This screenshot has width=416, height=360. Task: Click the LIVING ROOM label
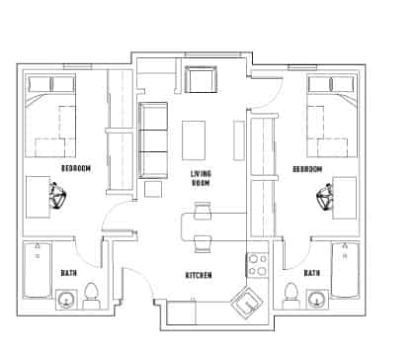[202, 178]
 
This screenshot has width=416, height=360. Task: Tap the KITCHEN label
[201, 274]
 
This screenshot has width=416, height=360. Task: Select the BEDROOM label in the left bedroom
[75, 169]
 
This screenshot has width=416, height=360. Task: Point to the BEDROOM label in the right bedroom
[307, 169]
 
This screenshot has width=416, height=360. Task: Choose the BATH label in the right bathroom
[311, 273]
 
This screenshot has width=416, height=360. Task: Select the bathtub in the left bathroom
[39, 269]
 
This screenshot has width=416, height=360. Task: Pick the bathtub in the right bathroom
[346, 269]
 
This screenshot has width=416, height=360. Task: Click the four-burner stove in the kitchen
[257, 264]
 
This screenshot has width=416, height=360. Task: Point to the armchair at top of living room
[202, 79]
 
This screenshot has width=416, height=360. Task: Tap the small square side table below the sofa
[153, 189]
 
